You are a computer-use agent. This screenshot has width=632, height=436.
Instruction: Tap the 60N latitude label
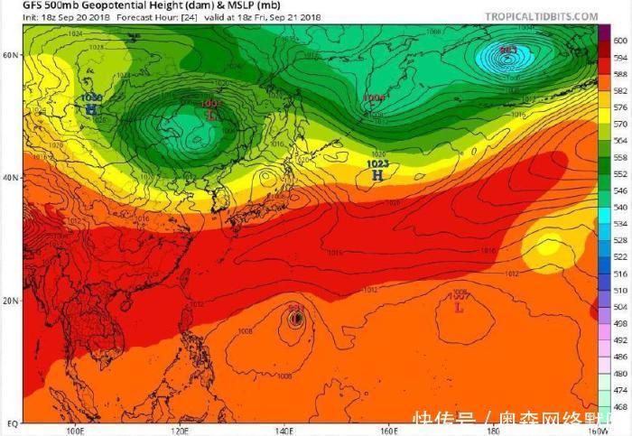(x=11, y=55)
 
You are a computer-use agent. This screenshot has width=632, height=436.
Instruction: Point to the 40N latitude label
(x=11, y=178)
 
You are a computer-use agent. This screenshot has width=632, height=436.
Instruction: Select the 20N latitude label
(x=11, y=301)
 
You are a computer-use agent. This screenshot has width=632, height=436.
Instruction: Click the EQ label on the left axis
(x=12, y=422)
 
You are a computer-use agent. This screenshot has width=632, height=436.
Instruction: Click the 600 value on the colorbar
(x=619, y=41)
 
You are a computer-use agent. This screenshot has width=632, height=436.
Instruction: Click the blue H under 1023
(x=378, y=175)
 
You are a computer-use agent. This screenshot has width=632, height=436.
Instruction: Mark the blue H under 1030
(x=91, y=109)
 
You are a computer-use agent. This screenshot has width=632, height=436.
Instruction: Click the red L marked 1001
(x=211, y=116)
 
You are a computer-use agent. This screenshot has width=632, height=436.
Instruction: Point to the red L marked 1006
(x=459, y=307)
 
